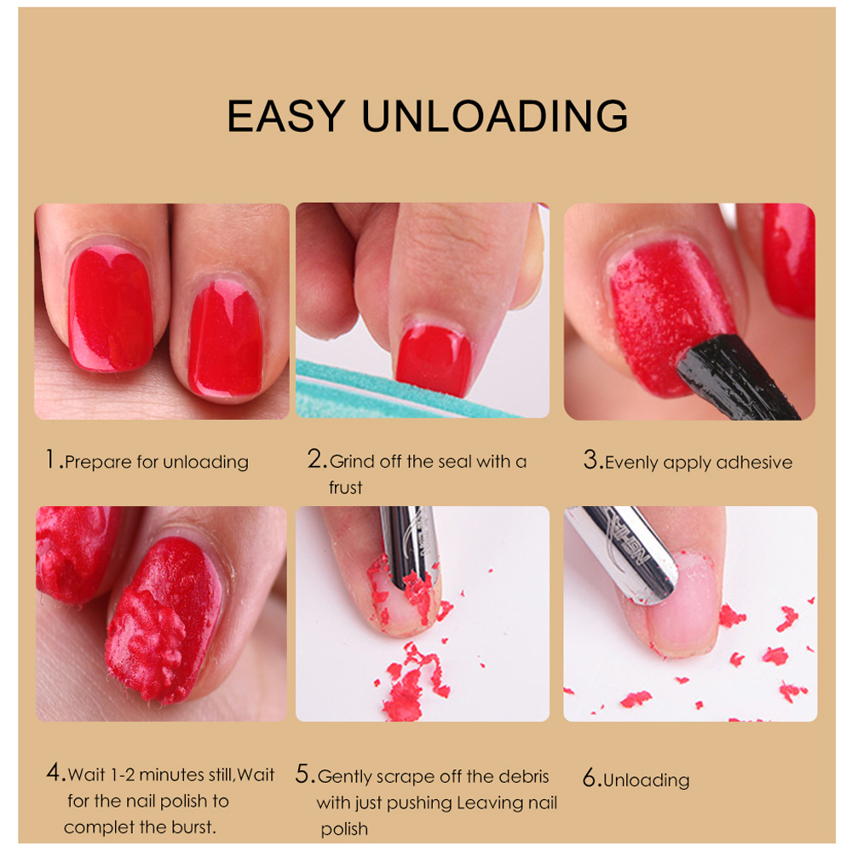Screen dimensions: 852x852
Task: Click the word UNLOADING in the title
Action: tap(495, 116)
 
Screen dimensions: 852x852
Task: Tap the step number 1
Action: tap(53, 461)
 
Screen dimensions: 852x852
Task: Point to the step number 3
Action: tap(591, 461)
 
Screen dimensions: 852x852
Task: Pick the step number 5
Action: tap(304, 774)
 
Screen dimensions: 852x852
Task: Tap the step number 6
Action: tap(590, 779)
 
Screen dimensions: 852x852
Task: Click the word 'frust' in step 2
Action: tap(346, 488)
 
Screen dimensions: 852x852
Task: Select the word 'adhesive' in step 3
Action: tap(754, 463)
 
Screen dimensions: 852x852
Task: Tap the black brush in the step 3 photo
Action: tap(733, 379)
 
